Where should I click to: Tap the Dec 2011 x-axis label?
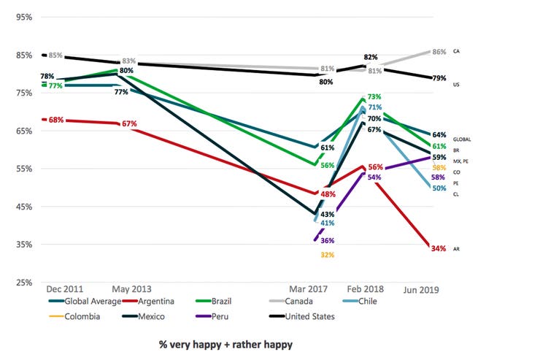[63, 289]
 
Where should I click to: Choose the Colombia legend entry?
[76, 316]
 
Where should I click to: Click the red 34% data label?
[438, 249]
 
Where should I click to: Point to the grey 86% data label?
[439, 52]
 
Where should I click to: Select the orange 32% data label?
[327, 255]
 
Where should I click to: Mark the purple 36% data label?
[327, 240]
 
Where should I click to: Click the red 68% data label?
[55, 119]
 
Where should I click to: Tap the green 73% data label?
[374, 96]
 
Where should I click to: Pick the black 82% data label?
[371, 57]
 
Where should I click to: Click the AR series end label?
[456, 249]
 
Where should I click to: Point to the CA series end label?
[456, 52]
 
